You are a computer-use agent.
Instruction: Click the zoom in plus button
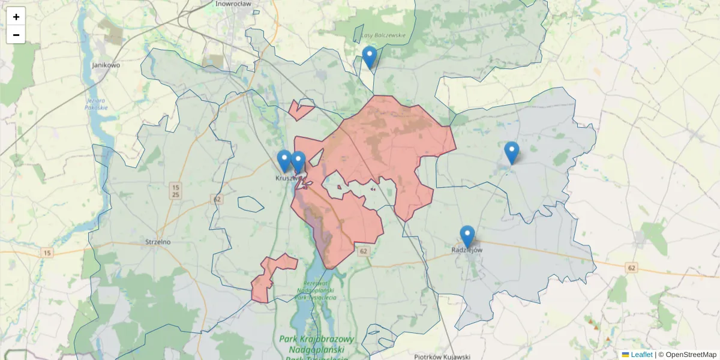point(16,16)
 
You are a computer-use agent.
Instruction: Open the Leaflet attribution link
point(641,355)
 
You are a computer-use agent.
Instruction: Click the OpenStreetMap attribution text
point(691,355)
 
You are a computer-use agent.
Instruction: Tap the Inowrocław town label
point(233,4)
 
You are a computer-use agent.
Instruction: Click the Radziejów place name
point(467,250)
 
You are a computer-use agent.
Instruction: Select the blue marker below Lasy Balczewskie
point(370,58)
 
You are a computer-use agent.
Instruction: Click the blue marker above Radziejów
point(467,236)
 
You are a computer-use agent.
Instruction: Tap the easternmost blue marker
point(511,152)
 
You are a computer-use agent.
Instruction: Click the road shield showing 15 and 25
point(175,190)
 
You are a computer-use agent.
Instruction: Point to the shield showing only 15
point(47,253)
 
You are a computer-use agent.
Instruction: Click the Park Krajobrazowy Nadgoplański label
point(316,345)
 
